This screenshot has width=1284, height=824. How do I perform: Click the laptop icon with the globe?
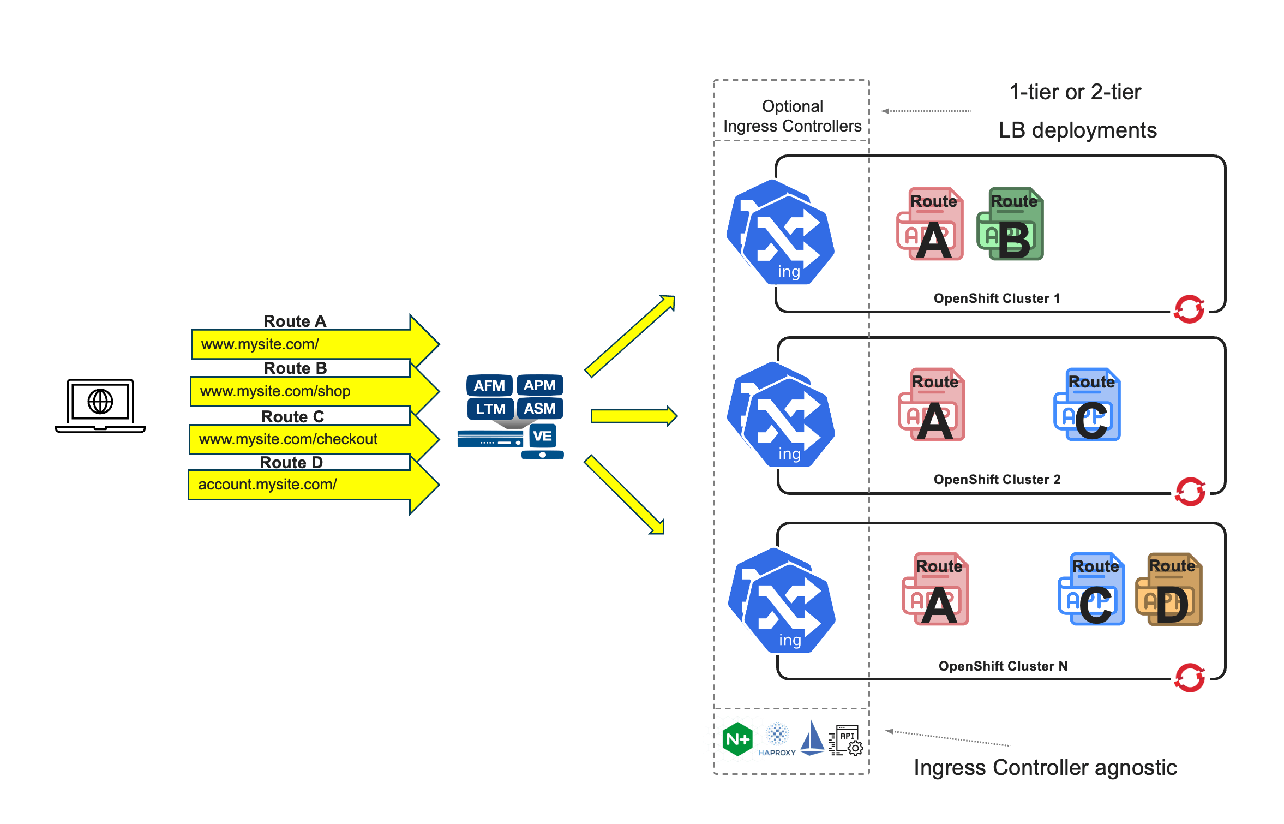point(100,404)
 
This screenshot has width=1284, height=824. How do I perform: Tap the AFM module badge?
point(489,385)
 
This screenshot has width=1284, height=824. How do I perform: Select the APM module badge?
point(539,385)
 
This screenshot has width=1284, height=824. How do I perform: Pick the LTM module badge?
point(490,409)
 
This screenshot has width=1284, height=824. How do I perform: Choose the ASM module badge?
point(539,408)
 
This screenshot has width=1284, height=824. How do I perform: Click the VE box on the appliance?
point(542,436)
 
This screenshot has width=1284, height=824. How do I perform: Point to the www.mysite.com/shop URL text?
point(275,391)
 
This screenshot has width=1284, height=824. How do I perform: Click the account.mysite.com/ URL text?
point(267,485)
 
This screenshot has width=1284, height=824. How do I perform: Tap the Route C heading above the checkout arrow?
point(292,416)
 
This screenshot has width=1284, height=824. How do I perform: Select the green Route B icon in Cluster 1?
point(1011,224)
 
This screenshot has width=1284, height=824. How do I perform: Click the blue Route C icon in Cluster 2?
point(1087,405)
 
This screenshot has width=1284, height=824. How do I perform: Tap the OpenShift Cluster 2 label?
point(997,480)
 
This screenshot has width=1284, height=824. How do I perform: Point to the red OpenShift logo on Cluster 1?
point(1189,309)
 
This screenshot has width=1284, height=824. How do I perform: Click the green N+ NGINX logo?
point(737,739)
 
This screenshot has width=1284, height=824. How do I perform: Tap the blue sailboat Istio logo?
point(812,738)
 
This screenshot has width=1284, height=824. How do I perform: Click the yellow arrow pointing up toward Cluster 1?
point(630,336)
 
